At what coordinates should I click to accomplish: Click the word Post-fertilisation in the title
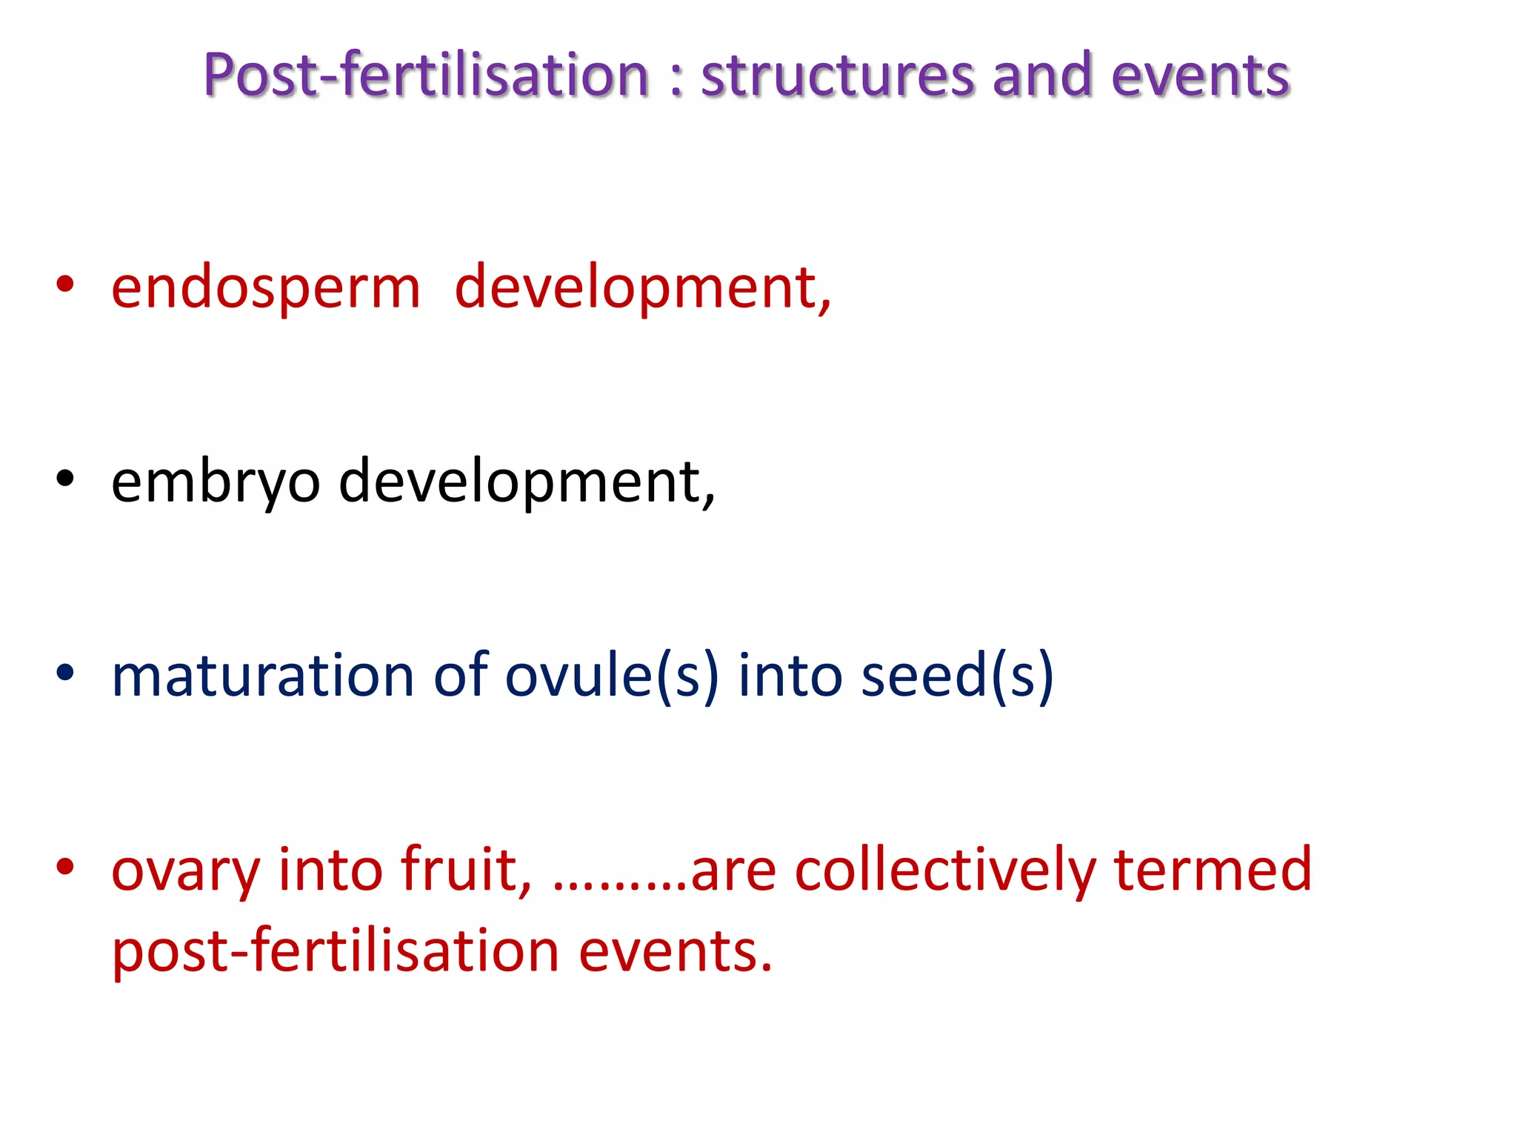426,76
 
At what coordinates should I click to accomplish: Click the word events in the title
1200,76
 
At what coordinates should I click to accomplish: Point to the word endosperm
265,289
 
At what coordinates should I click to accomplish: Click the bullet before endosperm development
65,285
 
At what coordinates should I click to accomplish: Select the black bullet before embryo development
65,479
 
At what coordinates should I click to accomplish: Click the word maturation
262,676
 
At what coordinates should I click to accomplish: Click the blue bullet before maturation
65,673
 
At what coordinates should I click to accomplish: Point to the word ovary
185,871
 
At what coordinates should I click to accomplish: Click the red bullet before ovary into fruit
65,866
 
